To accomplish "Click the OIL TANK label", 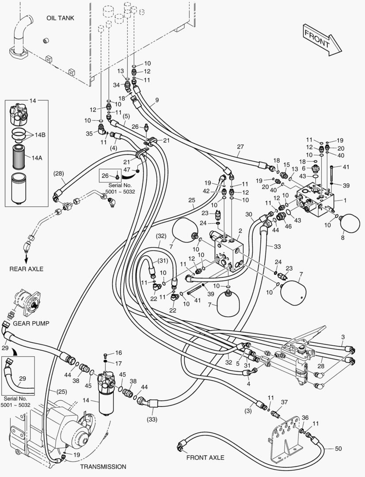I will point(61,18).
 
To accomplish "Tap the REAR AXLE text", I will point(26,269).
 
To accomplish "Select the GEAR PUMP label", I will point(31,323).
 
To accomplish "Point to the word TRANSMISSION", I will point(103,466).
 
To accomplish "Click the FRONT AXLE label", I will point(205,458).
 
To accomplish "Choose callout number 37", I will point(285,402).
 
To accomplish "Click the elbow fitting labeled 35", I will point(101,129).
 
